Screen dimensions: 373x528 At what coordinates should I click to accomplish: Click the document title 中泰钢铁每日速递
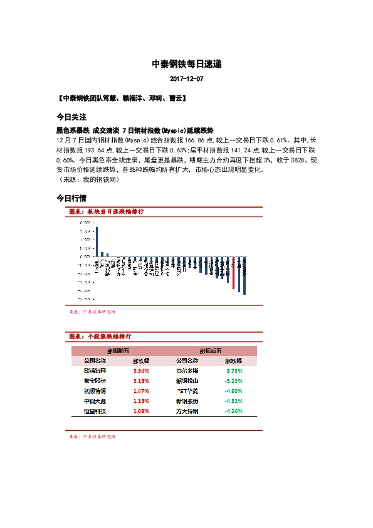pos(186,64)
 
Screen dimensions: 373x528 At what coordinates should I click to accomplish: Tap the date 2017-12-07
pos(186,79)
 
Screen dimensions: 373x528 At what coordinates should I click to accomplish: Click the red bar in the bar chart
pos(233,273)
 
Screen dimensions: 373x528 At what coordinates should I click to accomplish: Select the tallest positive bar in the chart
pos(97,241)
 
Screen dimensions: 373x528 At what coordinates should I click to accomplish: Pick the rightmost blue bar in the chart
pos(244,276)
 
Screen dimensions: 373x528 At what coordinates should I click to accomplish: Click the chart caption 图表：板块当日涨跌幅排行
pos(106,212)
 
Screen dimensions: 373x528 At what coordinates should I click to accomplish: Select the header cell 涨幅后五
pos(211,351)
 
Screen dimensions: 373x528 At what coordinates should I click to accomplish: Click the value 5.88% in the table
pos(141,371)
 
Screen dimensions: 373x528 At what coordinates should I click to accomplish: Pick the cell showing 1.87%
pos(141,391)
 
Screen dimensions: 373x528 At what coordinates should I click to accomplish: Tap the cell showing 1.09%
pos(141,411)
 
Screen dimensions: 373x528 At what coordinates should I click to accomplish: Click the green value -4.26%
pos(233,411)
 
